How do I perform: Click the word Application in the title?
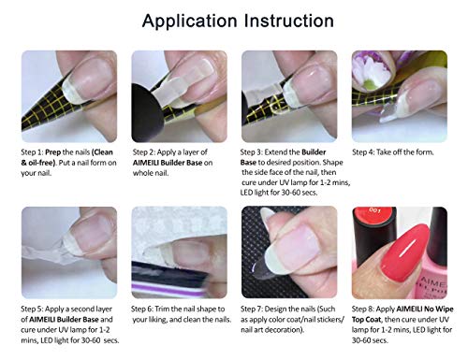tap(189, 22)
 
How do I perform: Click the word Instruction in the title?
tap(289, 21)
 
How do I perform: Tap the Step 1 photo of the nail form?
tap(69, 96)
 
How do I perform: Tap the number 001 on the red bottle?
tap(374, 210)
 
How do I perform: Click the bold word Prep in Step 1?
tap(53, 152)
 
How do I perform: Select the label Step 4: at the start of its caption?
tap(363, 152)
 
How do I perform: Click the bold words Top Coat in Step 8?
tap(367, 320)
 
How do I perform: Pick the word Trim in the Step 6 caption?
tap(162, 309)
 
